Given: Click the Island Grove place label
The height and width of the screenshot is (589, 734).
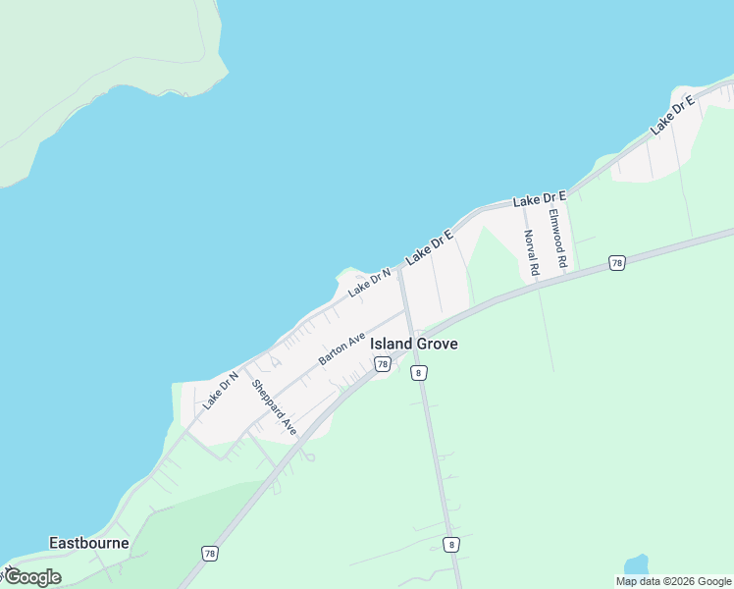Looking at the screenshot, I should click(x=413, y=344).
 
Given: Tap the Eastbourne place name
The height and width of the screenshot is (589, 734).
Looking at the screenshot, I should click(x=89, y=543).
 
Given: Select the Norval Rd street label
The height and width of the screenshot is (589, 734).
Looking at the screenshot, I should click(x=531, y=253).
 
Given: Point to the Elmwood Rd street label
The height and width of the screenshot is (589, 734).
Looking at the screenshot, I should click(x=557, y=240).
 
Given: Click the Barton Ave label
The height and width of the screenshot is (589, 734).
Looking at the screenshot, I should click(x=341, y=348).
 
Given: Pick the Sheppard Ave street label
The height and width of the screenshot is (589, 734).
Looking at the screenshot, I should click(x=274, y=406).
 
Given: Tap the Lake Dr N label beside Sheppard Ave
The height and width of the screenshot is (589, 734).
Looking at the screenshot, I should click(x=221, y=390).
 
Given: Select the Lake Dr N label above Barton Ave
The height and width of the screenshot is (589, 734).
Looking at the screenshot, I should click(x=369, y=282).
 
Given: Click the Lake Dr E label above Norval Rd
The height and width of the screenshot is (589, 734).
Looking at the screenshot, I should click(x=540, y=199).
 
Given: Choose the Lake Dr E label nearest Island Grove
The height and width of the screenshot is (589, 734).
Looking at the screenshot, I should click(x=430, y=246).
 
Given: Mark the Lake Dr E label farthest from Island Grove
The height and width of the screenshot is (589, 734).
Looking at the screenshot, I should click(x=672, y=115).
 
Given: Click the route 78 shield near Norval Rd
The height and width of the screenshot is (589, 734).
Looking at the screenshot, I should click(x=616, y=262).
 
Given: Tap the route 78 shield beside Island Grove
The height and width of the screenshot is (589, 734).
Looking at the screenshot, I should click(x=383, y=364).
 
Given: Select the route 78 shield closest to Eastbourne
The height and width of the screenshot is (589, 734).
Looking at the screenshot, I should click(x=210, y=554).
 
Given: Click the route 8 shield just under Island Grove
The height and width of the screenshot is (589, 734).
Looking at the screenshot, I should click(x=419, y=373).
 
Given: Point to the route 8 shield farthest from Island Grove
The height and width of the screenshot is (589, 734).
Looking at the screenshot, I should click(x=450, y=544).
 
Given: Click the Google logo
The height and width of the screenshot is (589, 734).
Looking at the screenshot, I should click(x=31, y=577).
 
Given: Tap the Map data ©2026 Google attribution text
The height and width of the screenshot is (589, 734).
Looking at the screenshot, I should click(x=674, y=581).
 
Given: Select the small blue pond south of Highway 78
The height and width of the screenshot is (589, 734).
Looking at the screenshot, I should click(x=637, y=564).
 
